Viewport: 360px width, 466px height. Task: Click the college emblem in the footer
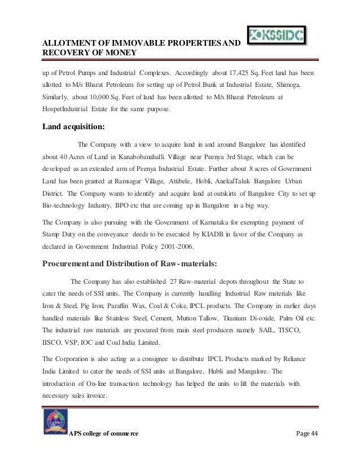[x=55, y=424]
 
